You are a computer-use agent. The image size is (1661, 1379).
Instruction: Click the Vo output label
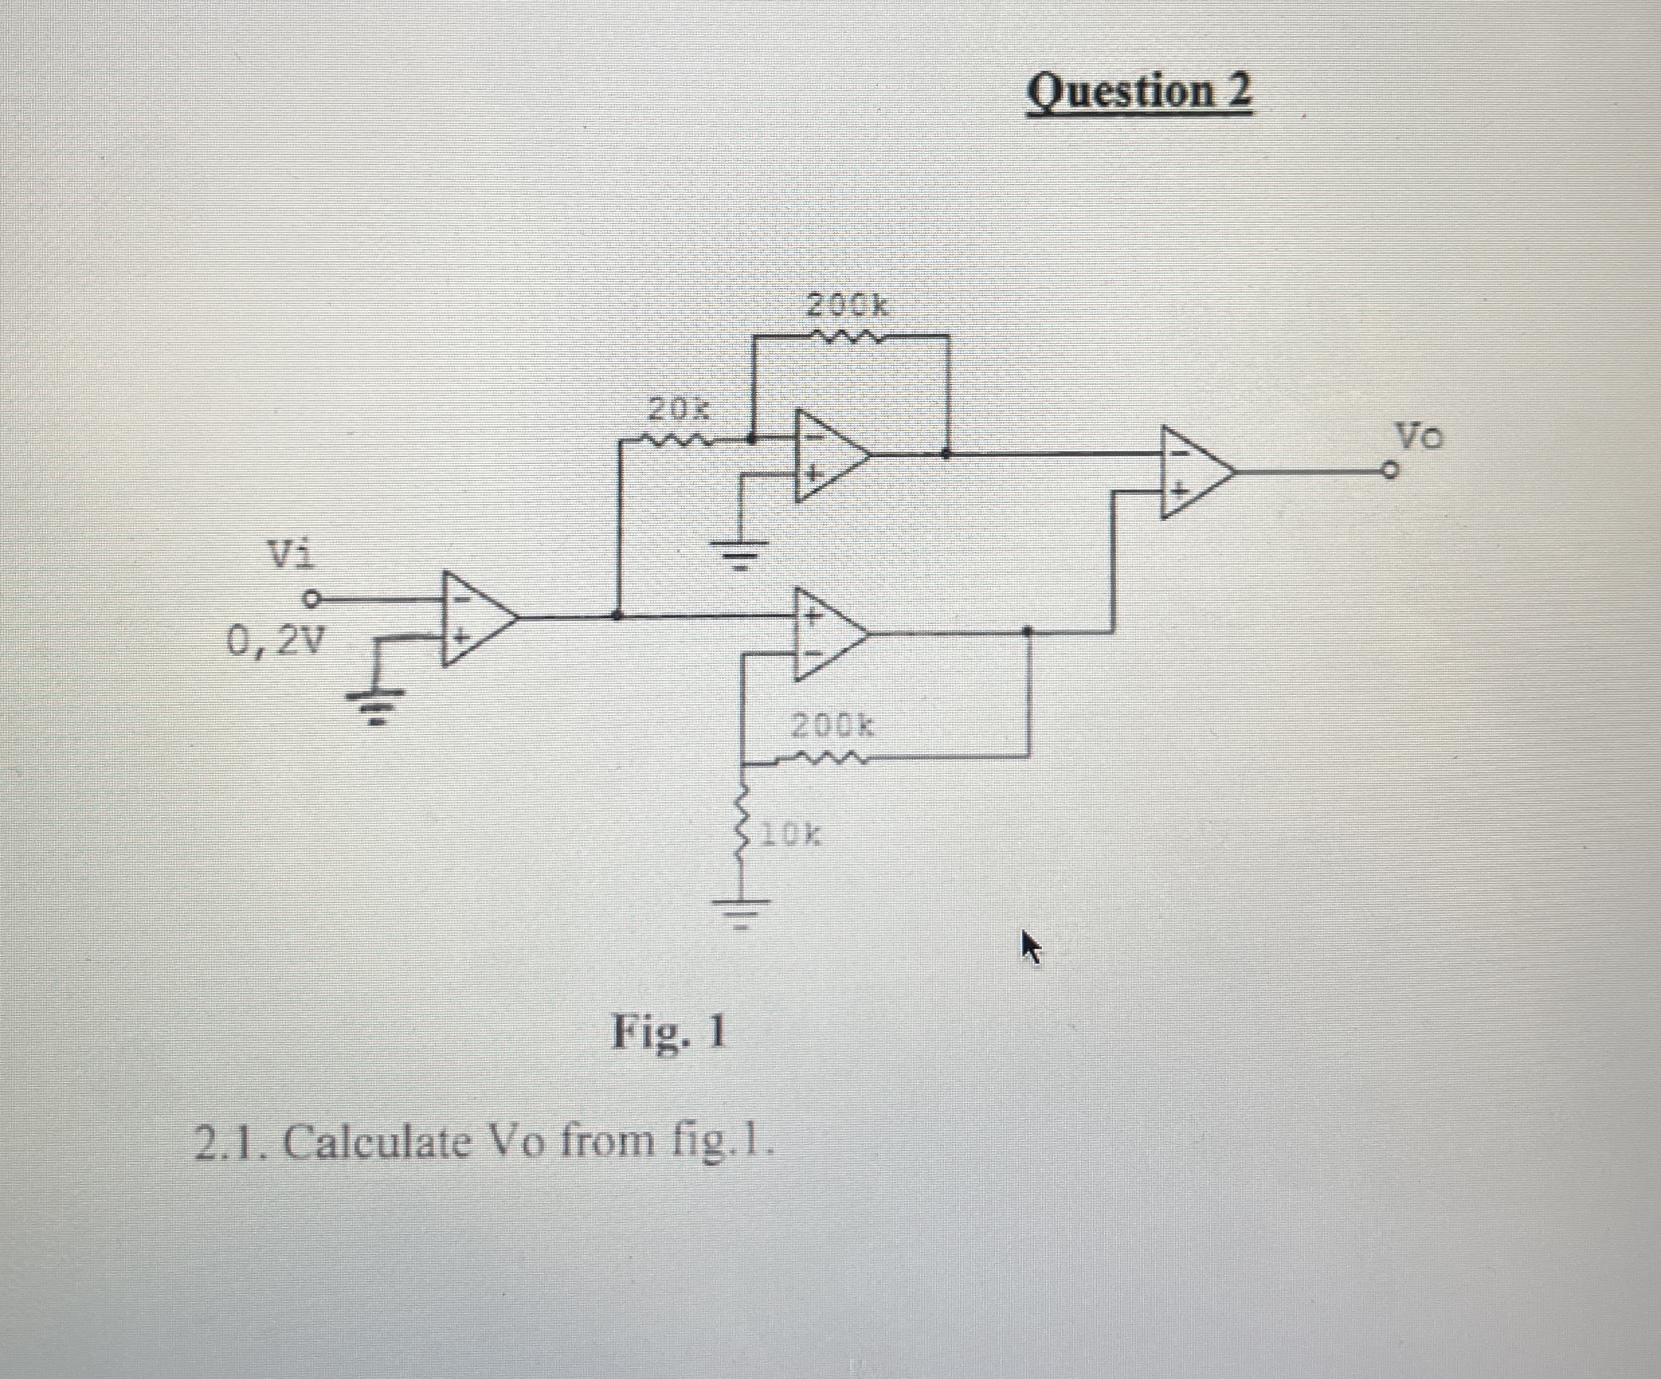pos(1417,436)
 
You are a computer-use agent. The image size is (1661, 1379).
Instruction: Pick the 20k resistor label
pos(679,410)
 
